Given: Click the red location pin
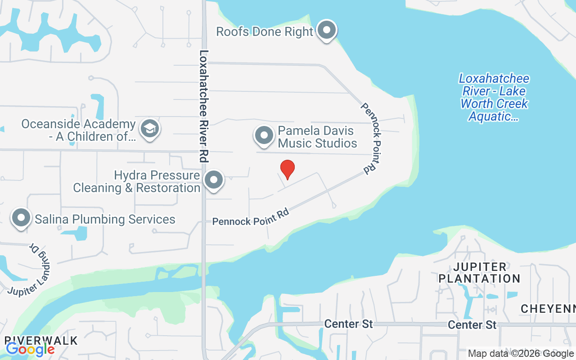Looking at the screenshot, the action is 288,169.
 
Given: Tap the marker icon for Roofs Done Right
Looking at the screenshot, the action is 327,31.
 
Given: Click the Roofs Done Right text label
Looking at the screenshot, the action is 264,31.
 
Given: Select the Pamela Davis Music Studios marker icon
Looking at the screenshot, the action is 264,135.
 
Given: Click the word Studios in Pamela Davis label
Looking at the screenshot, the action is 336,144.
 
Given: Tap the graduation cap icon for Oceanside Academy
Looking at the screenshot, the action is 150,129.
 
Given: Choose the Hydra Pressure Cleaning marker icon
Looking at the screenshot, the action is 214,180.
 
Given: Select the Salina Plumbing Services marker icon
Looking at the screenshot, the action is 21,218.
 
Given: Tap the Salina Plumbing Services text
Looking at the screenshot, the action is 105,219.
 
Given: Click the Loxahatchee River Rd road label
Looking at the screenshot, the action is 204,106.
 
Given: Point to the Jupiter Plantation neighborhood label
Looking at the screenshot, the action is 479,273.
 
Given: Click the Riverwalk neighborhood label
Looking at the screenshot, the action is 41,340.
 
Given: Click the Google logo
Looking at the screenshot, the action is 30,349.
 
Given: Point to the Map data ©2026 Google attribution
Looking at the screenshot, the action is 521,354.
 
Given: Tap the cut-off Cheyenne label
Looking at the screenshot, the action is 548,309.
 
